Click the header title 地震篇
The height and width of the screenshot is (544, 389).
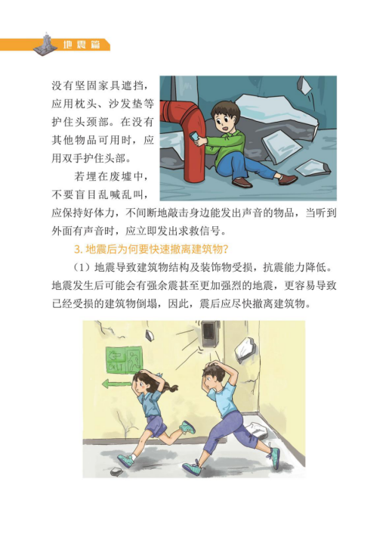pos(82,45)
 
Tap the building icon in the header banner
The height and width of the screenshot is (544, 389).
pos(45,44)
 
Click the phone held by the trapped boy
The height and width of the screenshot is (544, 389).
pos(194,136)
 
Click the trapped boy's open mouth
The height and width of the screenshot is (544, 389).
pos(225,129)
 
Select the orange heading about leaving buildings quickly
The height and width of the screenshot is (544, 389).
pos(153,249)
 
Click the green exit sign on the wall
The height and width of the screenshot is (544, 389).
pos(124,360)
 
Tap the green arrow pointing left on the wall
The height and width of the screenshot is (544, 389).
pos(116,384)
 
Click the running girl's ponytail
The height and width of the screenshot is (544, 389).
pos(170,386)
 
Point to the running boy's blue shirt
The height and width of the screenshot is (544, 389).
pos(224,399)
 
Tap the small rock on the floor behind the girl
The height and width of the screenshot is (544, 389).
pos(116,471)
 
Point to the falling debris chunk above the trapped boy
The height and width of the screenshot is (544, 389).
pos(304,85)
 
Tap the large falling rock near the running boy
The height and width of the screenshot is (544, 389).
pos(245,350)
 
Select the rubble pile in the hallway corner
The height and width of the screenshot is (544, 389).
pos(257,431)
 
